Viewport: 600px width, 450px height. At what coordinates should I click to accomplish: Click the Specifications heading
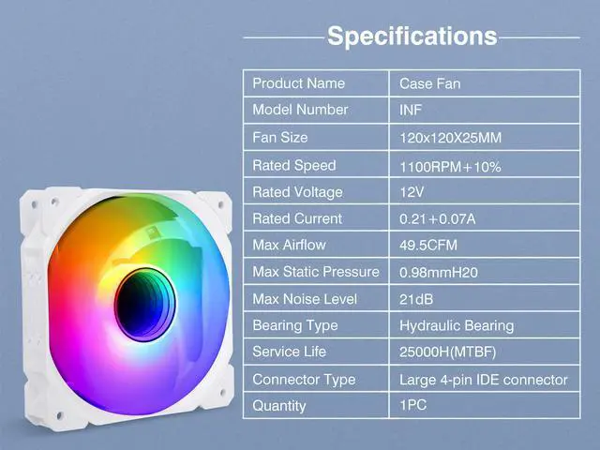coord(412,37)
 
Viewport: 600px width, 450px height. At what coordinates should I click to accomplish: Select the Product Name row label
coord(298,83)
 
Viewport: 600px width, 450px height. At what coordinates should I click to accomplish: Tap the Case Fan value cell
coord(429,83)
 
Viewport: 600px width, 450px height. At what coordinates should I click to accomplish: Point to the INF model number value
coord(411,111)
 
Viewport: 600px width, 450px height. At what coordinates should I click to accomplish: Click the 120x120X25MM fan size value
coord(450,138)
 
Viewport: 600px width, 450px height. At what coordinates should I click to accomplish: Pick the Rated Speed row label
coord(293,165)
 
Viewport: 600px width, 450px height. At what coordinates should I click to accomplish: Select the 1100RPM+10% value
coord(450,167)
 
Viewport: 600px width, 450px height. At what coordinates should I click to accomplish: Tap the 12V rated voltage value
coord(412,191)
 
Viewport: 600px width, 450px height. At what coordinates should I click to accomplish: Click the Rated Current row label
coord(297,218)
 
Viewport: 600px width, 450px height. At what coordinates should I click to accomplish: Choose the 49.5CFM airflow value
coord(428,245)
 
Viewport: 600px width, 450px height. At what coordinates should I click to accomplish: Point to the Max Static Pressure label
coord(316,272)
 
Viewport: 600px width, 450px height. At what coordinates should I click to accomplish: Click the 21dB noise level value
coord(416,299)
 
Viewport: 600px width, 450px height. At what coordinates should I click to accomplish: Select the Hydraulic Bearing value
coord(457,325)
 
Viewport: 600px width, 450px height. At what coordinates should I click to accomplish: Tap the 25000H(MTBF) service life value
coord(447,352)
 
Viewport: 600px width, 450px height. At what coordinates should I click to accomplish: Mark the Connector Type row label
coord(304,380)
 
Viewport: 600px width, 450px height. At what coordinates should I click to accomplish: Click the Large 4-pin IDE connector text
coord(484,380)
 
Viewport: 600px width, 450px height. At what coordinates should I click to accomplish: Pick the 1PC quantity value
coord(412,405)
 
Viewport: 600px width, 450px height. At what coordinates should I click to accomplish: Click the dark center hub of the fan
coord(145,305)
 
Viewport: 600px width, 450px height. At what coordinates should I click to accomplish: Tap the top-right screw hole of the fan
coord(221,205)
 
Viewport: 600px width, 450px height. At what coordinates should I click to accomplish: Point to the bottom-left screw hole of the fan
coord(59,415)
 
